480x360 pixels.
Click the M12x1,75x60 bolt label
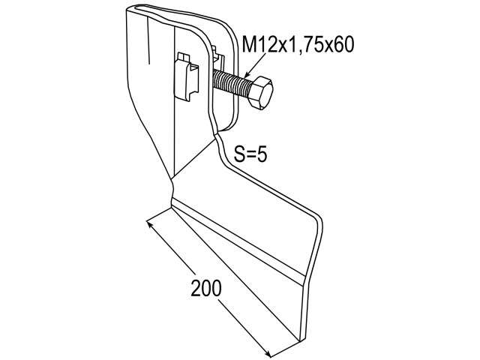(298, 45)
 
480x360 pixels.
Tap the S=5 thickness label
(250, 154)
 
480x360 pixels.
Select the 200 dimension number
(206, 288)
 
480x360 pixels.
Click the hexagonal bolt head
(260, 92)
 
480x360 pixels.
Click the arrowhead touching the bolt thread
(248, 74)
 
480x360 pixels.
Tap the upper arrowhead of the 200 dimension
(150, 224)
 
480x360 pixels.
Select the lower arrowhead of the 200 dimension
(267, 353)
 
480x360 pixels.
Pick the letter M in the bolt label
(249, 45)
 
